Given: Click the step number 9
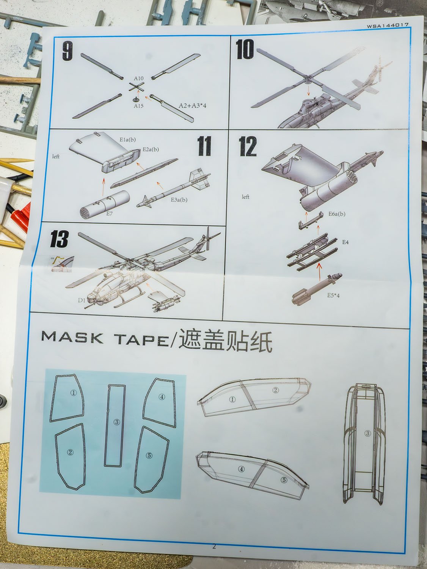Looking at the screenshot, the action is click(x=67, y=52).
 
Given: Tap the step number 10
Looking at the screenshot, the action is click(x=245, y=50).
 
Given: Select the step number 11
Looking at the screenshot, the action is click(x=204, y=146).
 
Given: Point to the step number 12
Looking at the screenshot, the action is click(x=248, y=146).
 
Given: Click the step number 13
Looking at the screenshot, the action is click(x=59, y=239).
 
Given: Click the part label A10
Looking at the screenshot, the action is click(x=139, y=78).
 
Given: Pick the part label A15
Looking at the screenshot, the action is click(x=138, y=106).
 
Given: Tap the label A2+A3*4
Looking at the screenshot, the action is click(x=193, y=106).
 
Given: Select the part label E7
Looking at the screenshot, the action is click(x=110, y=214).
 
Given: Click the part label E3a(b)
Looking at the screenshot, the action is click(x=179, y=200).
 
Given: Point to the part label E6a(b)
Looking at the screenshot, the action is click(x=337, y=214).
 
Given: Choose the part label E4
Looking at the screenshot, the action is click(x=345, y=242).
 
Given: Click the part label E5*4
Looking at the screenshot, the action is click(x=333, y=295).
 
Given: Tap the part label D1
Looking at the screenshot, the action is click(x=82, y=300).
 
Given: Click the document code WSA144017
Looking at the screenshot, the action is click(x=387, y=25).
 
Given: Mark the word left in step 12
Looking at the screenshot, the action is click(x=245, y=197).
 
